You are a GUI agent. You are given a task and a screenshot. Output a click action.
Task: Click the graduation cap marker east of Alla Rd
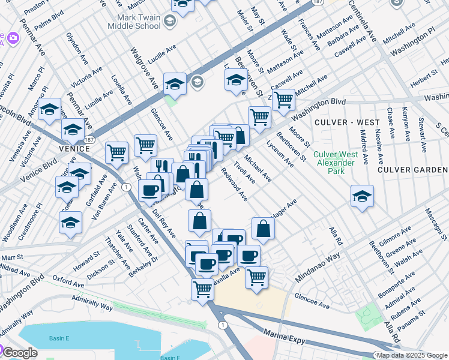click(x=362, y=197)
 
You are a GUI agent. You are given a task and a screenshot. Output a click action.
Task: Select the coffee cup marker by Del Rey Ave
click(x=149, y=191)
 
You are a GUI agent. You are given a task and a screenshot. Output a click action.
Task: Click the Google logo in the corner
click(x=20, y=353)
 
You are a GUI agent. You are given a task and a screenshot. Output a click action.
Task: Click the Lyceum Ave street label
click(x=280, y=154)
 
